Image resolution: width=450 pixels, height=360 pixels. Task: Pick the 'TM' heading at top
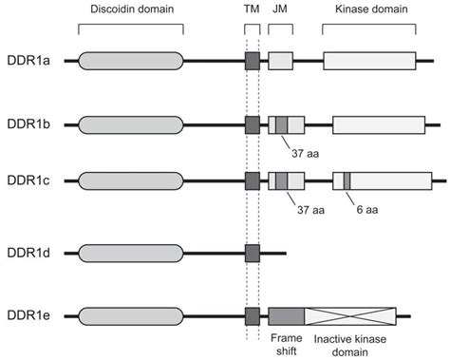(x=252, y=9)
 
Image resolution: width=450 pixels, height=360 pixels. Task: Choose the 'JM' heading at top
(x=279, y=9)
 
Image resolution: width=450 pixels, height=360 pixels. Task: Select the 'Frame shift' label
(x=286, y=343)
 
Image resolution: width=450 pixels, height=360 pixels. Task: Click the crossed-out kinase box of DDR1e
(x=350, y=316)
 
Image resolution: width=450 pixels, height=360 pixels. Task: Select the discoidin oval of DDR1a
(x=130, y=63)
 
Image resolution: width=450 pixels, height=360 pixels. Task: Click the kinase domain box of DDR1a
(x=369, y=63)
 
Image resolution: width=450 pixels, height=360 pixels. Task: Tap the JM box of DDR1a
(x=280, y=63)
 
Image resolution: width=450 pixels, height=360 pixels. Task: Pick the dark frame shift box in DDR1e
(x=286, y=316)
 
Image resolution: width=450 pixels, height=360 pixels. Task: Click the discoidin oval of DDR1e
(x=130, y=316)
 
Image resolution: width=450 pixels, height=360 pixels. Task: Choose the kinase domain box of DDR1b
(x=378, y=124)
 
